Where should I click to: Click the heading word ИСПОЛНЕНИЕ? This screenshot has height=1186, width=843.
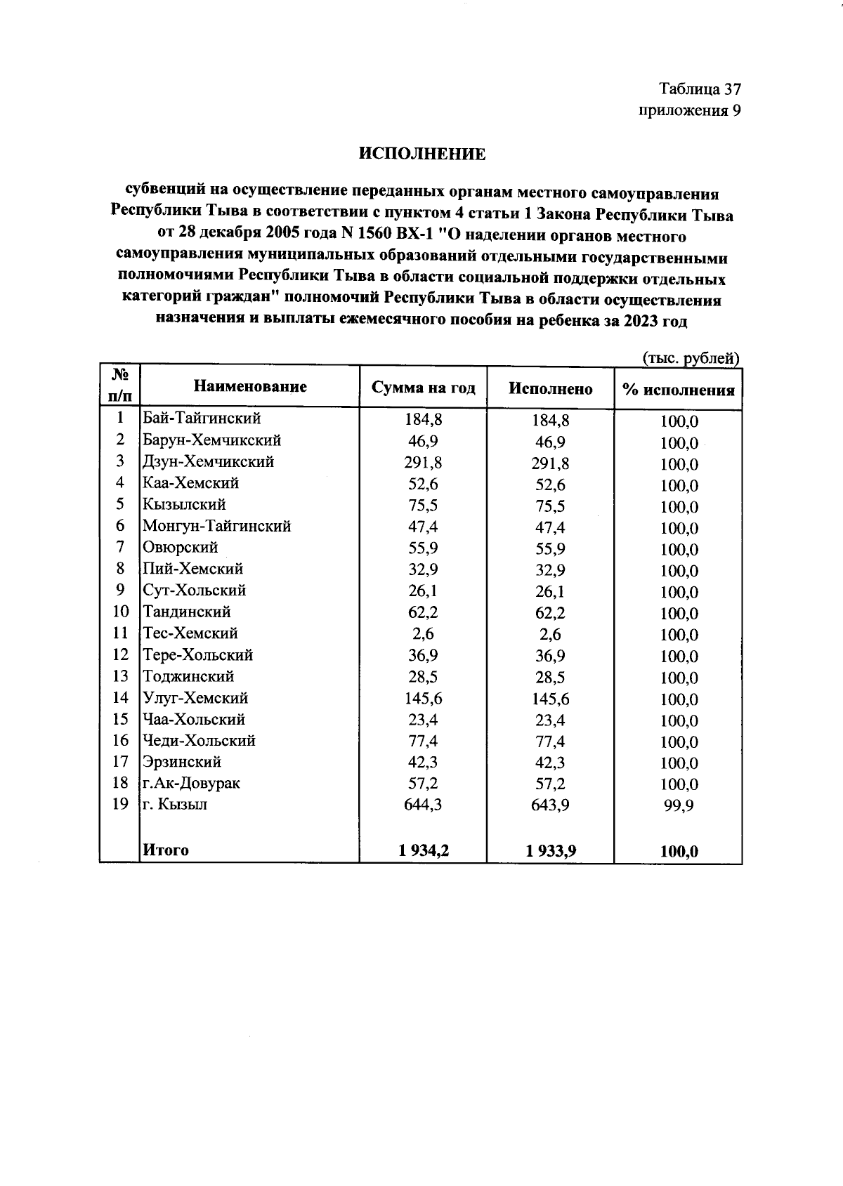[422, 154]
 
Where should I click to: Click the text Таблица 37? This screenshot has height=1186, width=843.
[700, 89]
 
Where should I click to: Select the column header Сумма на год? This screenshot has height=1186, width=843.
[423, 388]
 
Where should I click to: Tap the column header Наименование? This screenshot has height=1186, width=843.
[250, 386]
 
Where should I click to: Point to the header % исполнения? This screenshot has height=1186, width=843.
[679, 390]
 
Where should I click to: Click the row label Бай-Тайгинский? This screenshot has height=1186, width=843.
[202, 419]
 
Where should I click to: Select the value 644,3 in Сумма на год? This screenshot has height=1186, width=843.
[423, 805]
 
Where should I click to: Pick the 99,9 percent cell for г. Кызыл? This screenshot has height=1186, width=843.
[679, 806]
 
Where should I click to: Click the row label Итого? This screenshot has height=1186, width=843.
[166, 850]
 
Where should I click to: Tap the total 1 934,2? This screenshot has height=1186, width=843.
[423, 851]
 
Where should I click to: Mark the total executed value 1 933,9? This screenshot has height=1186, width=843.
[551, 851]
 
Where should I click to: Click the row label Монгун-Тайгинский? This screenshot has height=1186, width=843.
[216, 526]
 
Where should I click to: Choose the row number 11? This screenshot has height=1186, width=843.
[120, 633]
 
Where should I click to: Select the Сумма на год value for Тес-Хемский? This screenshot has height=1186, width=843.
[423, 633]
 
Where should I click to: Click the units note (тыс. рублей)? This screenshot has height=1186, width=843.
[691, 358]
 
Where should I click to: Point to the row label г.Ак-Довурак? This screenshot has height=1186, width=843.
[191, 783]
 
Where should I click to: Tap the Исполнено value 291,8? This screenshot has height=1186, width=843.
[551, 463]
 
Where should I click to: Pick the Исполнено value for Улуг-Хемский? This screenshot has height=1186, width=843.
[551, 699]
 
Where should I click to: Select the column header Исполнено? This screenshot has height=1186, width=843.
[550, 389]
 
